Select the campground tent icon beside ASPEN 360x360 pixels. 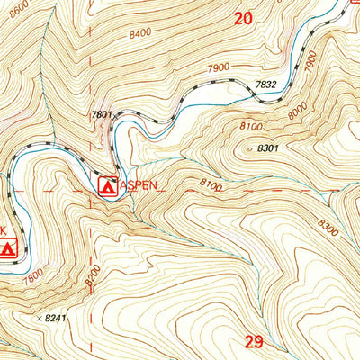pyautogui.click(x=107, y=186)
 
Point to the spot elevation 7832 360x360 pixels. pyautogui.click(x=265, y=85)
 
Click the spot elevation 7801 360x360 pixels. pyautogui.click(x=102, y=114)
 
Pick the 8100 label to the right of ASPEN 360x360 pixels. pyautogui.click(x=211, y=185)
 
